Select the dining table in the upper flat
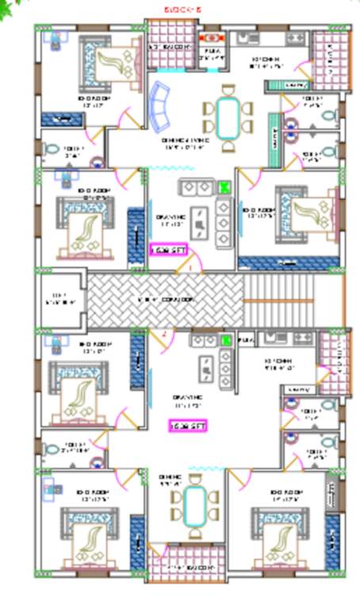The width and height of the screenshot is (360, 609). (x=227, y=116)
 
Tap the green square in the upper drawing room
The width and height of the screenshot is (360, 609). (x=224, y=187)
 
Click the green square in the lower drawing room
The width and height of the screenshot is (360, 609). (x=226, y=340)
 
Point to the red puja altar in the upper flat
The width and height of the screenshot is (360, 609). (x=212, y=37)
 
